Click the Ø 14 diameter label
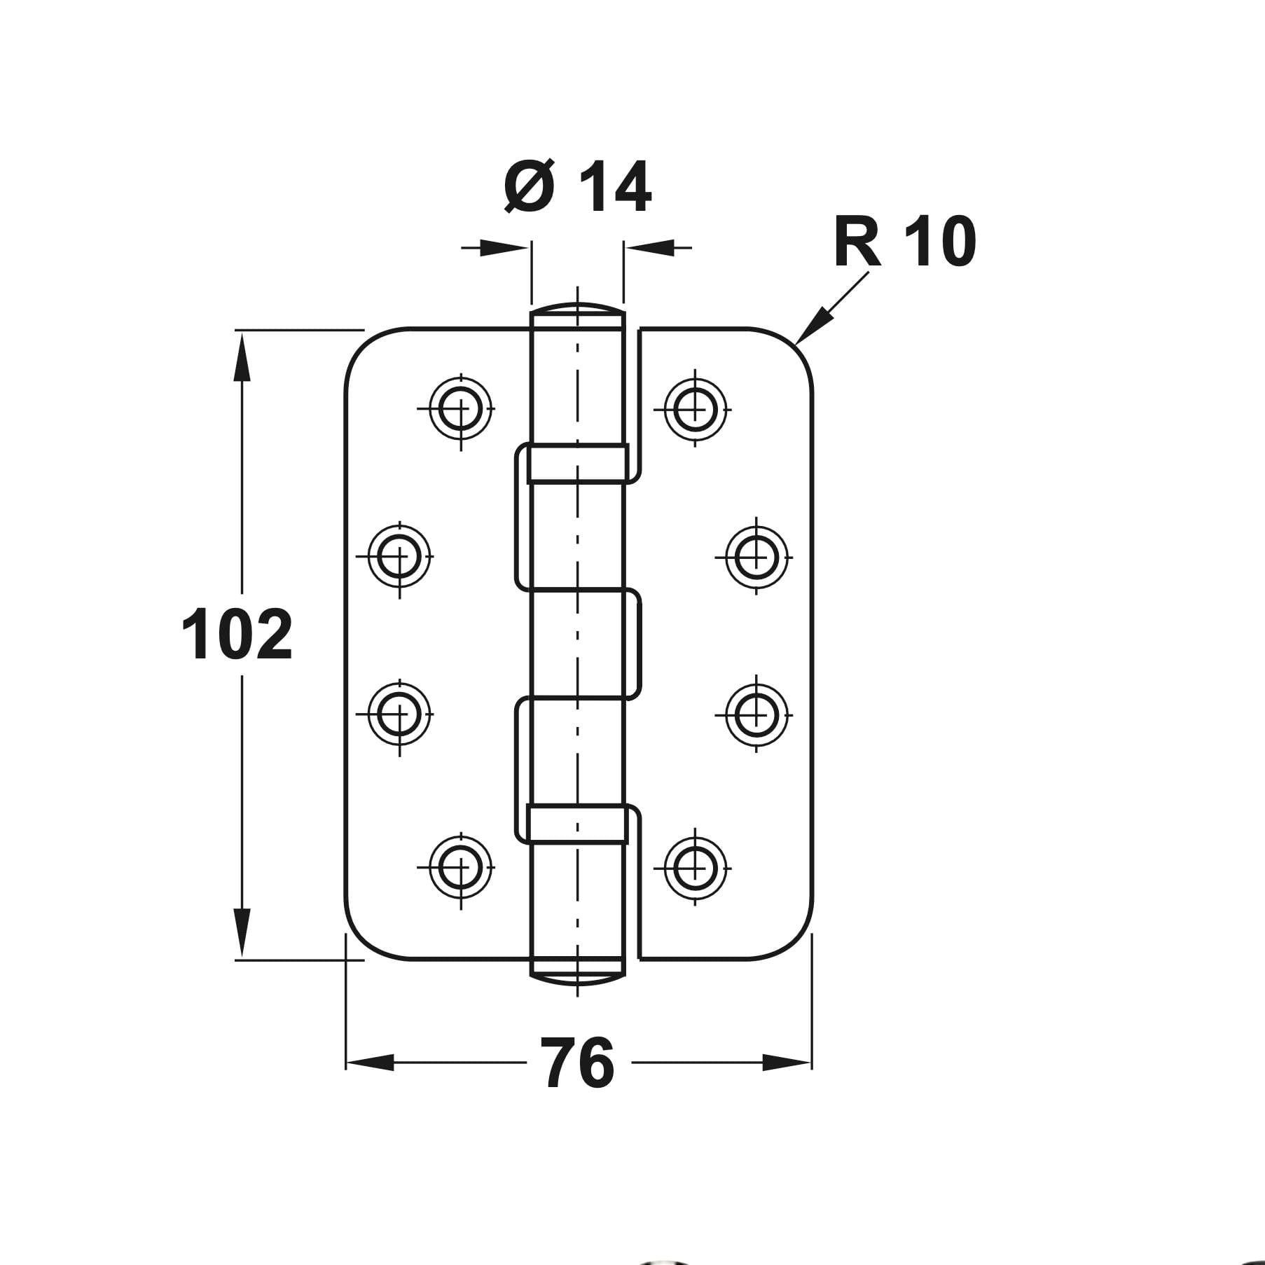pos(578,187)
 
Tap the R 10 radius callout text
pos(904,242)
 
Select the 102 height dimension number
pos(237,635)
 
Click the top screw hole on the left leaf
pos(461,408)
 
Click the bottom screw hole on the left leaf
pos(461,866)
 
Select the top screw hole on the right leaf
pos(694,408)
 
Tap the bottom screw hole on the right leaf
pos(694,866)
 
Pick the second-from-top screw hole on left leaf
pos(399,558)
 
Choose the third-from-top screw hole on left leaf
pos(399,714)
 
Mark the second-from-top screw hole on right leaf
pos(756,558)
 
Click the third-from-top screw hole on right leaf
pos(756,714)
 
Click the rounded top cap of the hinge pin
pos(577,311)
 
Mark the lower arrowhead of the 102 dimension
pos(242,932)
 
